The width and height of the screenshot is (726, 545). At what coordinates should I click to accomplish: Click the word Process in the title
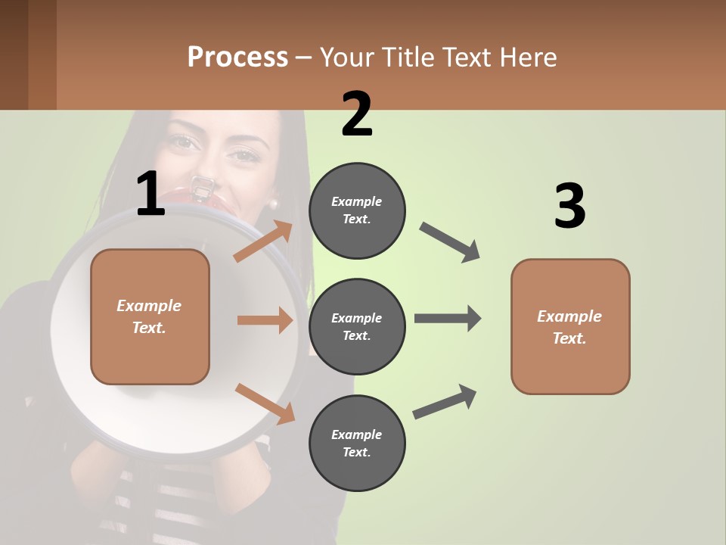click(237, 58)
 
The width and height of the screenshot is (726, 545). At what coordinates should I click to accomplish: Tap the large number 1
click(150, 195)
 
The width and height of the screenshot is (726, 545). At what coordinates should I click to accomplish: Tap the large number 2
click(357, 114)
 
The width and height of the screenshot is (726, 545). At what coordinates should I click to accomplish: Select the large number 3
click(569, 206)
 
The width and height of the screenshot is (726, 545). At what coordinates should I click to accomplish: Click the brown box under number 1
click(150, 316)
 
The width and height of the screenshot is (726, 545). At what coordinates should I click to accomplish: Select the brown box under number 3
click(570, 327)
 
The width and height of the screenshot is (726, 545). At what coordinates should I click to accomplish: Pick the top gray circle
click(357, 210)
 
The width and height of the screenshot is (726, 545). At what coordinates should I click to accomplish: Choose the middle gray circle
click(357, 326)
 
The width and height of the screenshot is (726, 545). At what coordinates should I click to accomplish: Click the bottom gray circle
click(357, 443)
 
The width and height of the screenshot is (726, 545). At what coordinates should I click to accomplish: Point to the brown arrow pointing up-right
click(263, 241)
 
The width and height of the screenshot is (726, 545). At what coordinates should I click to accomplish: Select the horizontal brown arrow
click(265, 320)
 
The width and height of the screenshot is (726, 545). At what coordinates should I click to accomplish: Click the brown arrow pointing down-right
click(265, 403)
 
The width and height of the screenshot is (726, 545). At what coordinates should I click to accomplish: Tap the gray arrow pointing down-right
click(451, 242)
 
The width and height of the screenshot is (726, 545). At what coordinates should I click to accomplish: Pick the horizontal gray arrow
click(448, 318)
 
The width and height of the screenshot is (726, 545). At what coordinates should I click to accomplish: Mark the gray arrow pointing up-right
click(445, 401)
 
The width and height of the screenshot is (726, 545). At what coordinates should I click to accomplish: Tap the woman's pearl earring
click(274, 203)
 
